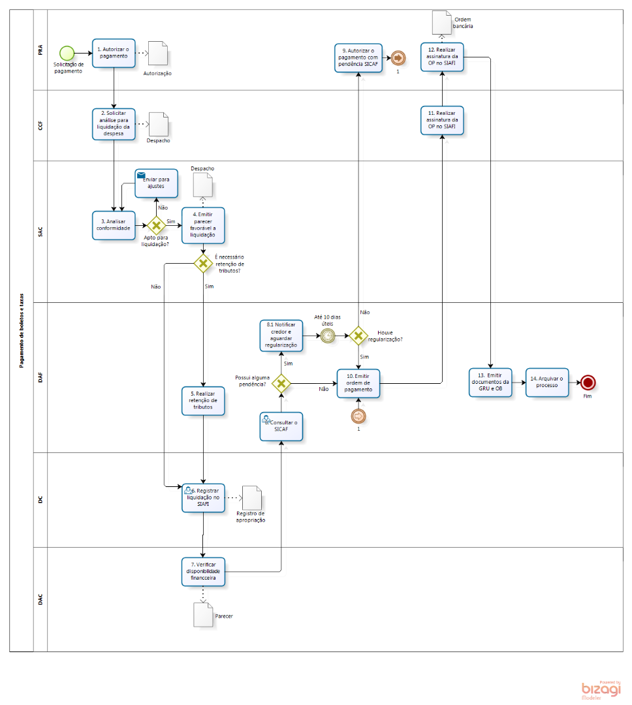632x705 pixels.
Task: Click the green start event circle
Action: (66, 53)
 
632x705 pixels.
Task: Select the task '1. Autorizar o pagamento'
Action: (114, 53)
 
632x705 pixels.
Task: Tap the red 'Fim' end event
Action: (588, 383)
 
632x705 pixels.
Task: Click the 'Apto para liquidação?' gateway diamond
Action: (156, 226)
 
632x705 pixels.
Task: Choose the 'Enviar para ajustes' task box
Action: (157, 183)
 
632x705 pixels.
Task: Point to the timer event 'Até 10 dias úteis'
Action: (328, 336)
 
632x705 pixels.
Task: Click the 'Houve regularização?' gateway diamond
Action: (358, 336)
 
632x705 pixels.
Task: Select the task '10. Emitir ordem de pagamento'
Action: (358, 383)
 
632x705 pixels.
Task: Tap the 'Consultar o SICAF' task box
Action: (281, 426)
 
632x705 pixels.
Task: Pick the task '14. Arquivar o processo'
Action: (547, 383)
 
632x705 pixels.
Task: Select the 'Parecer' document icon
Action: (202, 614)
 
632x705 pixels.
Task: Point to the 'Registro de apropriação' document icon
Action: (251, 499)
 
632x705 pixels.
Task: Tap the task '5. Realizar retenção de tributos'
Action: (203, 401)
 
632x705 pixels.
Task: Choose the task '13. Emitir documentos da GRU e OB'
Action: (490, 383)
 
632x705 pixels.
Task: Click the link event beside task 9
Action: (397, 58)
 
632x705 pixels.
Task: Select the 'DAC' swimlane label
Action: (41, 599)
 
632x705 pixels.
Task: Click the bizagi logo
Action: (601, 691)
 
